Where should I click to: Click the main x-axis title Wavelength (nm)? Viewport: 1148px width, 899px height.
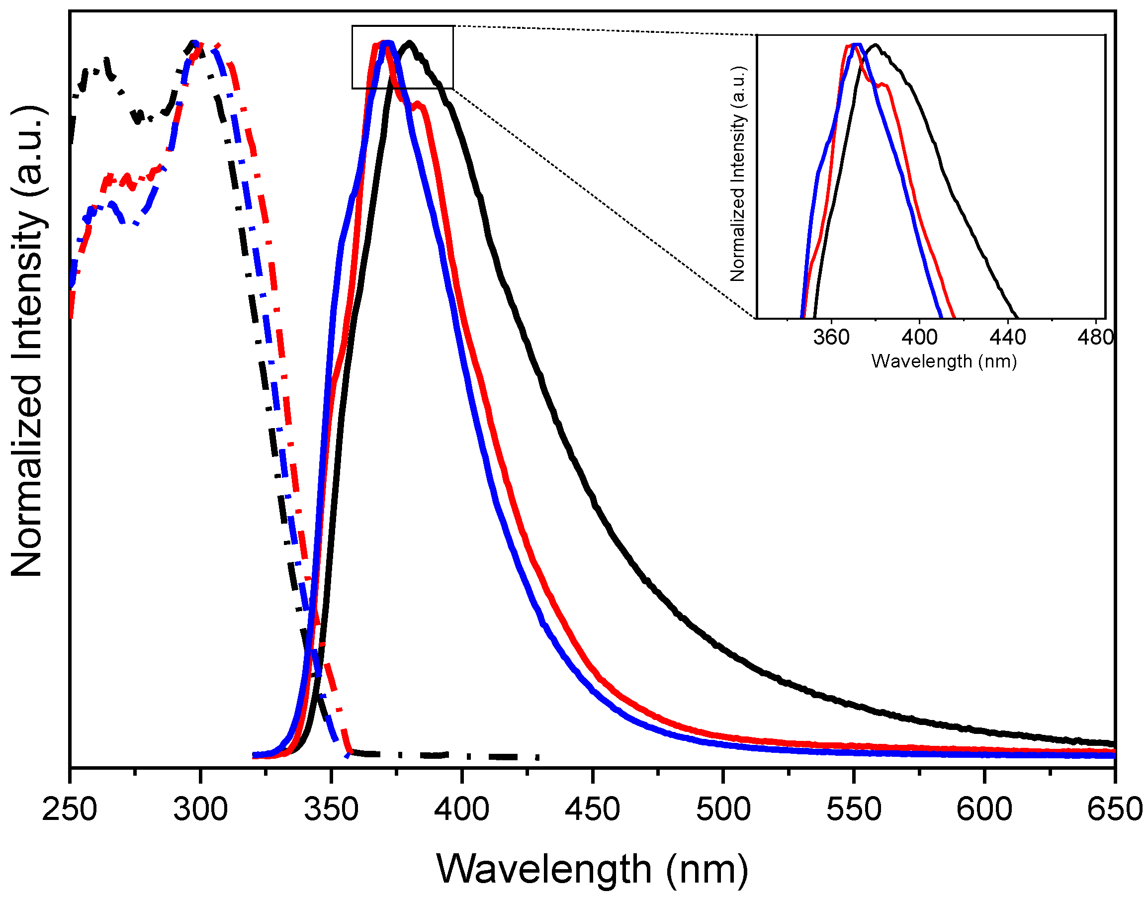click(x=592, y=870)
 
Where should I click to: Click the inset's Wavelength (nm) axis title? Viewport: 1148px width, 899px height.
click(x=944, y=361)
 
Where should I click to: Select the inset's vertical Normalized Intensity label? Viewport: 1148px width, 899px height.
click(x=738, y=174)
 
